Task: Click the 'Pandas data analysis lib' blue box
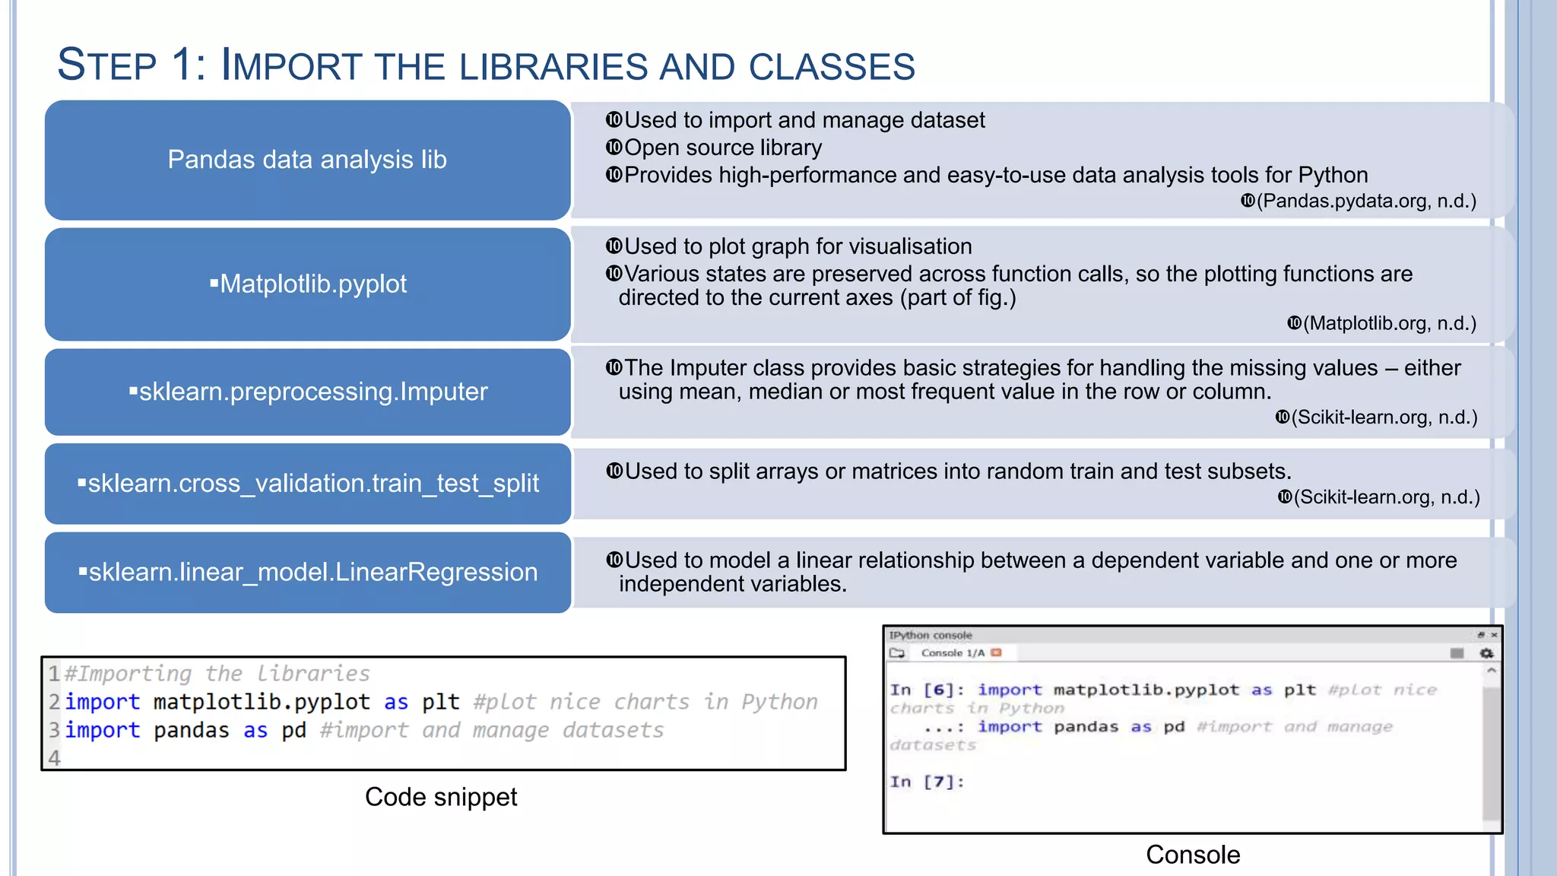307,160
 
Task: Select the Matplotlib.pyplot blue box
307,284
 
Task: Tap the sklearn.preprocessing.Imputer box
307,392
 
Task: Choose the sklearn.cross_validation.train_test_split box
307,484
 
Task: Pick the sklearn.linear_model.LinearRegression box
307,572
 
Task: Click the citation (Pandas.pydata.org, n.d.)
1365,201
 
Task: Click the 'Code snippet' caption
441,797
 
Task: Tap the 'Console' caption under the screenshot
1192,855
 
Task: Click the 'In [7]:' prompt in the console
927,782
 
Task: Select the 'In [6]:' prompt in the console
927,690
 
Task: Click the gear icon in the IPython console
1486,653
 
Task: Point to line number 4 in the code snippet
54,758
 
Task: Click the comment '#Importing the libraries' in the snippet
217,674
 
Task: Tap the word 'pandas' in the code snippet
191,731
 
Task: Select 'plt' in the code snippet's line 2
441,702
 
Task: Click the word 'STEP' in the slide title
106,65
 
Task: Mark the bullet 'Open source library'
722,148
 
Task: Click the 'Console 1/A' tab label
952,653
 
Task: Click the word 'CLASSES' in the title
832,67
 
